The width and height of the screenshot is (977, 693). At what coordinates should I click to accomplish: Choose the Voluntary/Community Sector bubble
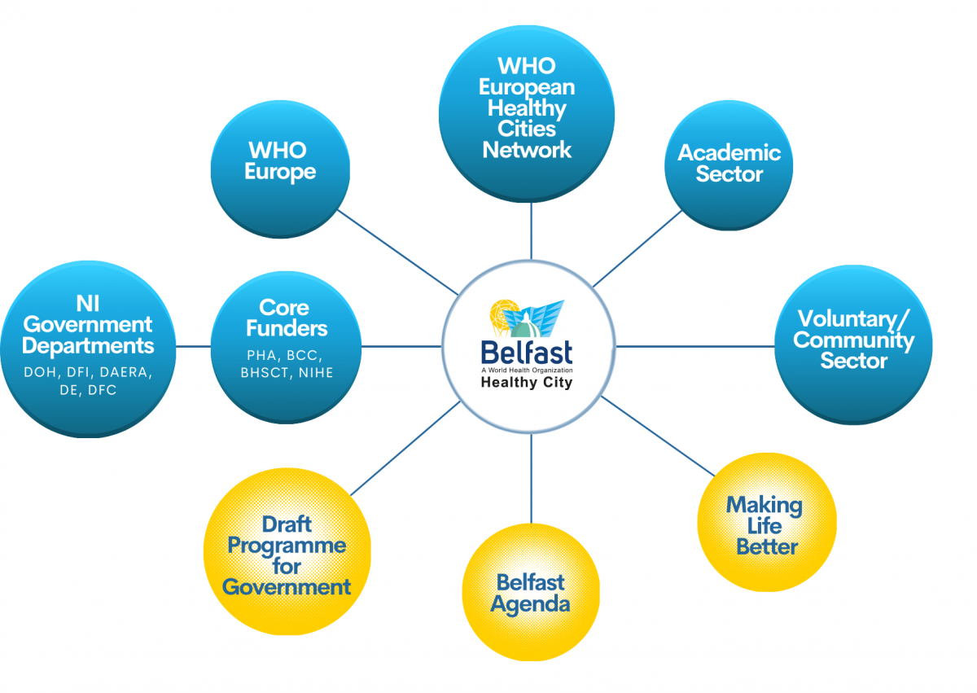coord(853,342)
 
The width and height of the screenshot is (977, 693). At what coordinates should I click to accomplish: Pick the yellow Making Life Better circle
coord(767,523)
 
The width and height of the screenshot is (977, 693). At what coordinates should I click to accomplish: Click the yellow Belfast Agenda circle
coord(531,592)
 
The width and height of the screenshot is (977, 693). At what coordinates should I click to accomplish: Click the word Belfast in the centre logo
coord(526,352)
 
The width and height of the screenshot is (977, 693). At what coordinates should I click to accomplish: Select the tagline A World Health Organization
coord(526,369)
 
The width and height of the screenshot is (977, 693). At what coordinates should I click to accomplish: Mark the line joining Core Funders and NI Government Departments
coord(194,346)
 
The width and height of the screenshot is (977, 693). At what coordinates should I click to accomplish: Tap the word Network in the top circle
coord(527,150)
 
